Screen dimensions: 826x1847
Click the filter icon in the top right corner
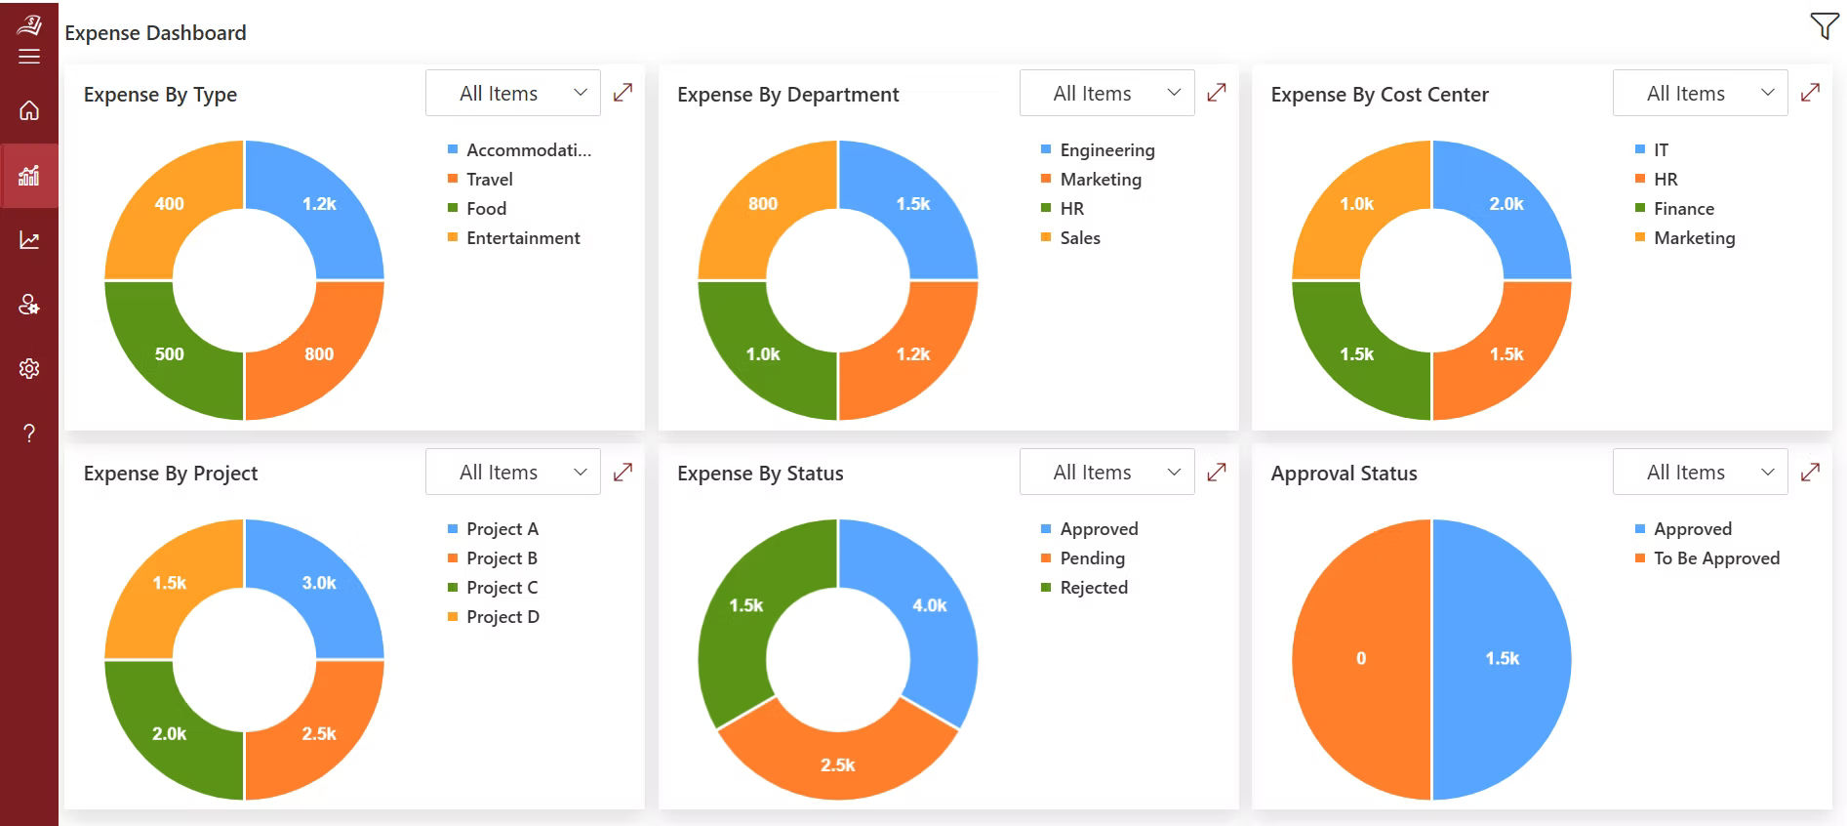click(1823, 26)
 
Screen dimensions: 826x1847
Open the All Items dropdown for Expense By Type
click(513, 94)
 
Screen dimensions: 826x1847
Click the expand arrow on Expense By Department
click(1216, 93)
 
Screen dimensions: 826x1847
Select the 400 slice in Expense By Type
click(170, 204)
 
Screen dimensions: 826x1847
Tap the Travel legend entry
click(489, 180)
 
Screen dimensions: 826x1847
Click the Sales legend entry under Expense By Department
click(1079, 238)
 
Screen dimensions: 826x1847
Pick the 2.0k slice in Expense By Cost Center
click(1506, 204)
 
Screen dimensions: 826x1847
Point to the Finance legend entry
click(1683, 209)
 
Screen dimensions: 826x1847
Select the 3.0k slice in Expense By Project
click(319, 583)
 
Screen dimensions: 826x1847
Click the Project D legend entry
click(502, 617)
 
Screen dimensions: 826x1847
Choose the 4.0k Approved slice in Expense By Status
click(929, 605)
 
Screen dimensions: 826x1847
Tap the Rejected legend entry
click(1093, 588)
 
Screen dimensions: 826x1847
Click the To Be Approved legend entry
click(1715, 558)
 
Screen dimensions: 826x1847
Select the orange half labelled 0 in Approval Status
click(1360, 659)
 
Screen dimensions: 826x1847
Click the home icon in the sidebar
click(29, 110)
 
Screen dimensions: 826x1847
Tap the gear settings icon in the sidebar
click(29, 369)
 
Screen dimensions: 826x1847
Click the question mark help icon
click(29, 434)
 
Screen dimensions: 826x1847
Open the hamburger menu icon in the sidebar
click(29, 57)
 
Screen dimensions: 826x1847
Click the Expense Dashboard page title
click(155, 33)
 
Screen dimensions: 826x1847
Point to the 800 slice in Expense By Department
click(763, 204)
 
